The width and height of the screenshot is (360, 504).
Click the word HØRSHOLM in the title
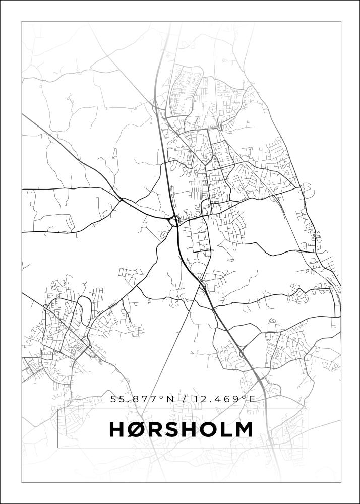coord(181,429)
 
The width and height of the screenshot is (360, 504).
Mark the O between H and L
coord(207,429)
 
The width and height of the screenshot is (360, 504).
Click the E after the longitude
coord(251,399)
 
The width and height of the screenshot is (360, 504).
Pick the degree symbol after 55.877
coord(162,397)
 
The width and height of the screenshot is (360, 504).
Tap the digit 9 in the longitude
coord(236,399)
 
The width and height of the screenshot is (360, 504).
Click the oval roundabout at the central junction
coord(174,220)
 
